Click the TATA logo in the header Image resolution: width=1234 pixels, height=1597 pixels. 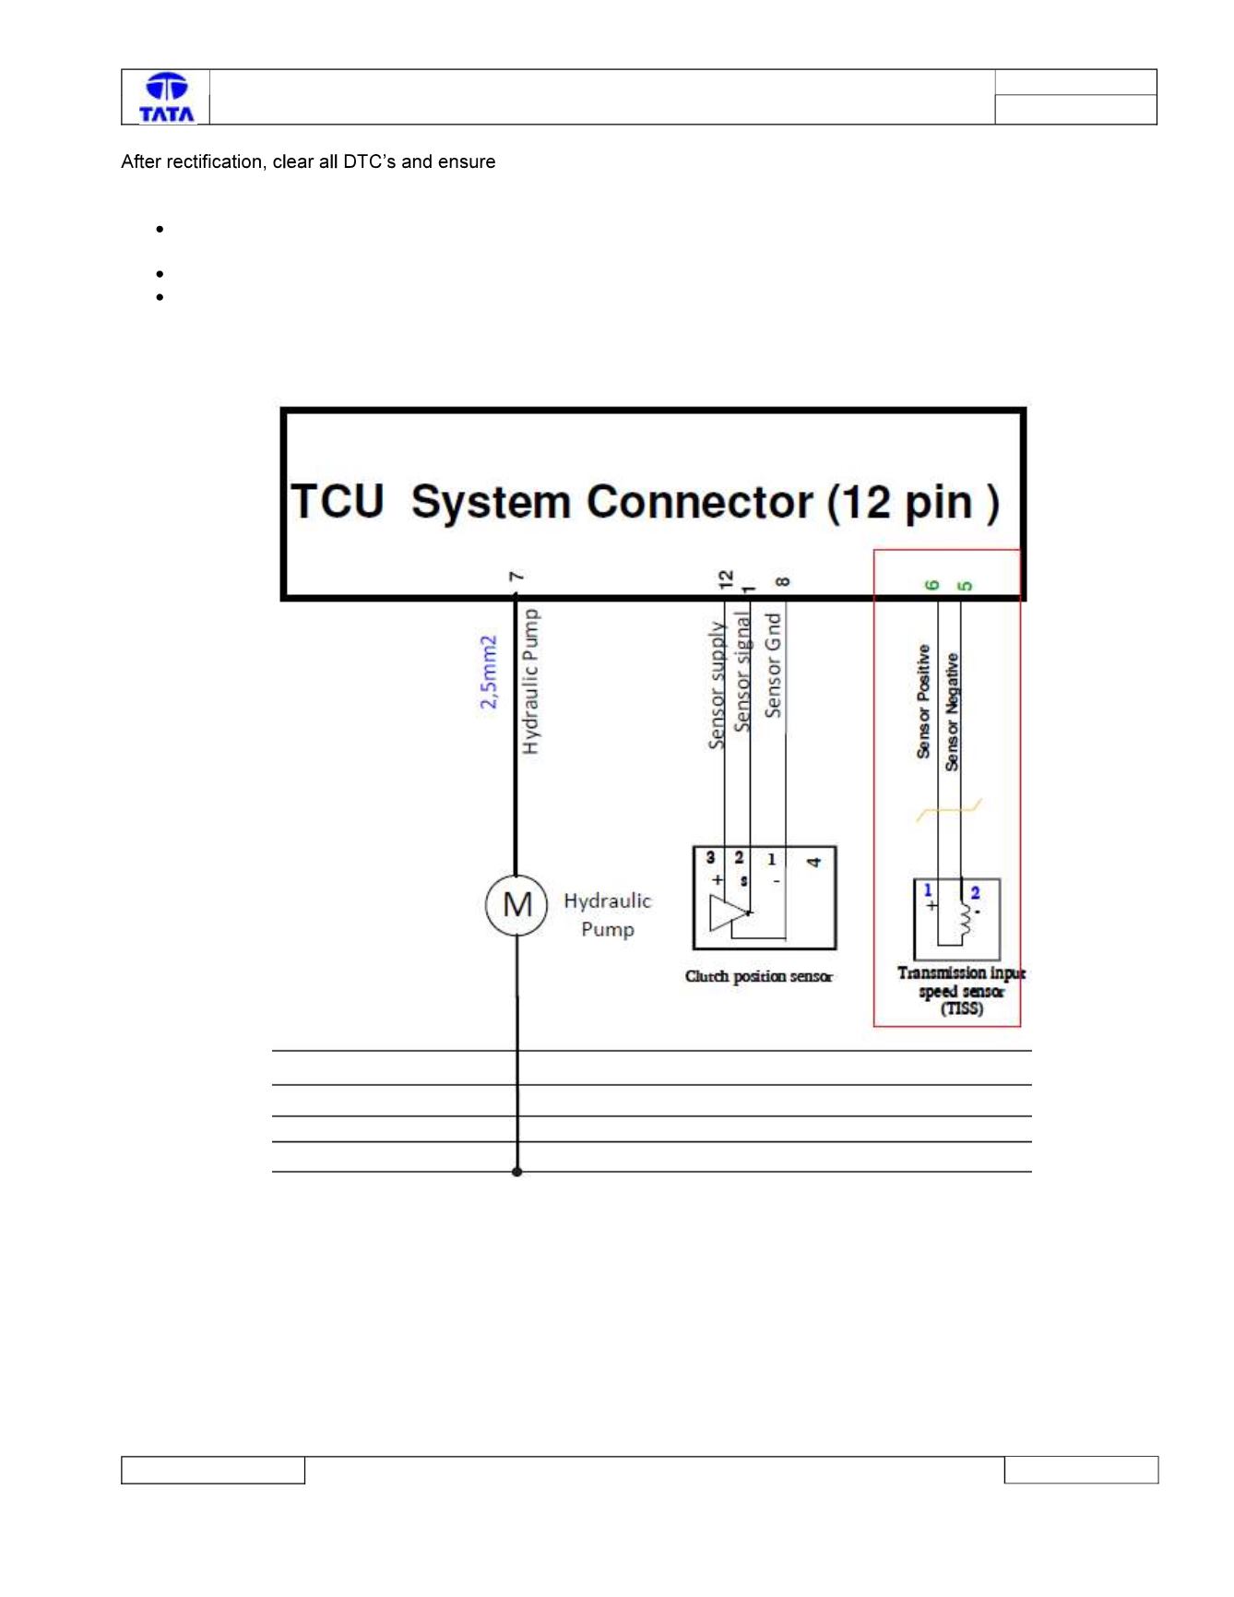(166, 97)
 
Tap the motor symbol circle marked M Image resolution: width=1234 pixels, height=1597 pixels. (516, 905)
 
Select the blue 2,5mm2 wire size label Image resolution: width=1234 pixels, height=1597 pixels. (488, 672)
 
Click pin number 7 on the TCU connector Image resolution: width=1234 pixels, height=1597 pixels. (517, 577)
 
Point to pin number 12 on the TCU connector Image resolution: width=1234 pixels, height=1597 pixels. (726, 578)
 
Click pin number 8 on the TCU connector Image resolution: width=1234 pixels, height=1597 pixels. (782, 581)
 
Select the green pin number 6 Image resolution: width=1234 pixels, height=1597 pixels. (931, 585)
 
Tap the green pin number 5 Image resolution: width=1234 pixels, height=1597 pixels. (965, 586)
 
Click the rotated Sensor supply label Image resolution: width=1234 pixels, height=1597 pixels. (717, 684)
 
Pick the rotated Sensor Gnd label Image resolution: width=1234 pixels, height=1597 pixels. (773, 665)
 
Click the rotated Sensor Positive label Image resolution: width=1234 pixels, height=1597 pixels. (923, 701)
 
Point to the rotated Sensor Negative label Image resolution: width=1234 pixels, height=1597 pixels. (952, 711)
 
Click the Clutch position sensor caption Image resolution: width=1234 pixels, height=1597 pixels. (758, 976)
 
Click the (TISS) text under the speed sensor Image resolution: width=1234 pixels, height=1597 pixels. (961, 1008)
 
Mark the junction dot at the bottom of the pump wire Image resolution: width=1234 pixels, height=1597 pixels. (516, 1172)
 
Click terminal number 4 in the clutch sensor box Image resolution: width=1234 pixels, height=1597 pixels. (813, 862)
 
